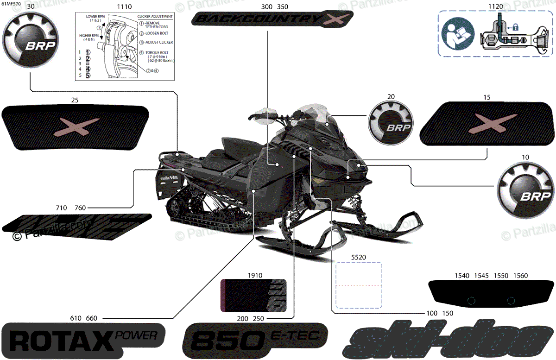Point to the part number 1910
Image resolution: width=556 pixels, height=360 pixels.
pos(255,275)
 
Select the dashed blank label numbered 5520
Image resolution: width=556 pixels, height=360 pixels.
pos(359,285)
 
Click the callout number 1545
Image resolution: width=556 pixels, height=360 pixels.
pos(481,276)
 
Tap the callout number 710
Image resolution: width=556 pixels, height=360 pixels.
pos(62,208)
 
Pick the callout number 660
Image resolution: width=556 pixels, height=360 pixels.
pos(91,318)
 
